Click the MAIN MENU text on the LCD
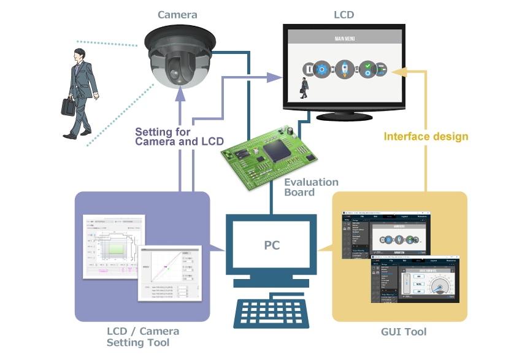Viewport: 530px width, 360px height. pyautogui.click(x=344, y=38)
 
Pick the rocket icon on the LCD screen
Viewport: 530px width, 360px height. pyautogui.click(x=344, y=69)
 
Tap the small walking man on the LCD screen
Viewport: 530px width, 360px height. pyautogui.click(x=303, y=88)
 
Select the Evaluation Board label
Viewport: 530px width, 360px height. pyautogui.click(x=311, y=187)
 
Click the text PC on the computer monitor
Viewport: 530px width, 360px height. pyautogui.click(x=272, y=245)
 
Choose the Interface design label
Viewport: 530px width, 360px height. pyautogui.click(x=426, y=136)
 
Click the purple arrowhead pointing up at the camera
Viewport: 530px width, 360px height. pyautogui.click(x=180, y=93)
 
